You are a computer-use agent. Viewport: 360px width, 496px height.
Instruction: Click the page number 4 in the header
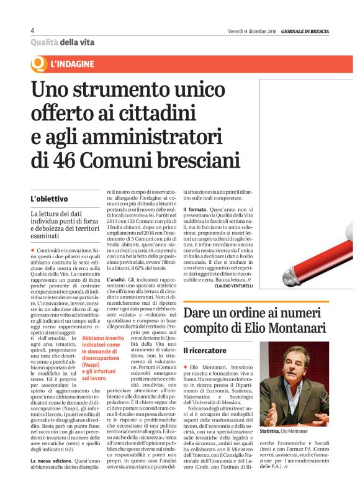tap(32, 31)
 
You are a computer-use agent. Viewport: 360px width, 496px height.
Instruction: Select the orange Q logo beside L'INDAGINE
tap(38, 63)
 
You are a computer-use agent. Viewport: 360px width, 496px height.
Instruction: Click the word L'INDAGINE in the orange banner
tap(73, 64)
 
